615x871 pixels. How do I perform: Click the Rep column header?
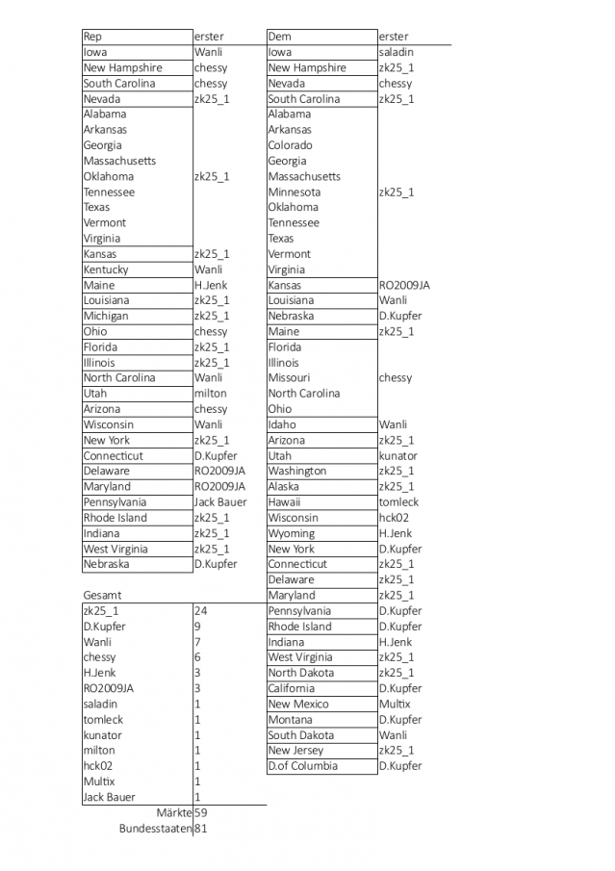[92, 37]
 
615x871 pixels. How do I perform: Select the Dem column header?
[279, 37]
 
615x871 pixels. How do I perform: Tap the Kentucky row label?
[105, 269]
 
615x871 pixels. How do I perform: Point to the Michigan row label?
[105, 316]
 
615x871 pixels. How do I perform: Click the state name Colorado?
[290, 145]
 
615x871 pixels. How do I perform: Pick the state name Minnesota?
[294, 192]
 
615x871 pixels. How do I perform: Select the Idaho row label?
[282, 424]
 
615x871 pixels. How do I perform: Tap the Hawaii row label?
[284, 501]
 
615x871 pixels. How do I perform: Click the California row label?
[291, 688]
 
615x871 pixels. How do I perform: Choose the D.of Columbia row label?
[302, 766]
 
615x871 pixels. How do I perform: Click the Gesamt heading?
[102, 596]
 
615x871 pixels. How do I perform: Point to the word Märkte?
[174, 813]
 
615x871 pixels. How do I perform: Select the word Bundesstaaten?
[155, 829]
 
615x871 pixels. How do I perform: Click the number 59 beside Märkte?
[200, 813]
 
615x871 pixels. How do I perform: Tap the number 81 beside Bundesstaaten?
[200, 829]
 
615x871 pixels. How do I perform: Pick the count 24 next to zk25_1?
[200, 611]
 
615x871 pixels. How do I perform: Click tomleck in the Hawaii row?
[398, 501]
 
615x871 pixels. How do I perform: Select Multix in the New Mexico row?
[394, 704]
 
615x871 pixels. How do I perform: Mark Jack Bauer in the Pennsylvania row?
[220, 501]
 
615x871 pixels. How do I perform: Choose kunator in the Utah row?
[397, 455]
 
